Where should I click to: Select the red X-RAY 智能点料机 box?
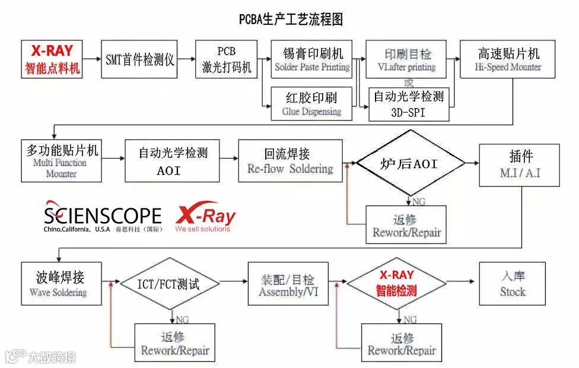click(52, 59)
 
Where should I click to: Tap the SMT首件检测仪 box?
click(140, 59)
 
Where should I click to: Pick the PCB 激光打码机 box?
click(226, 59)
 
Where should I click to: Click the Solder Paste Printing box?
click(313, 59)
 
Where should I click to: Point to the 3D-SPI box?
click(409, 104)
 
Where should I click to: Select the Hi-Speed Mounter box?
click(508, 59)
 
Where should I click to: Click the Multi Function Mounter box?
click(61, 161)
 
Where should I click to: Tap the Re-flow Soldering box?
click(290, 161)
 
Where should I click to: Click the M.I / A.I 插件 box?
click(520, 164)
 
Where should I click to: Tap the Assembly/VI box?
click(288, 284)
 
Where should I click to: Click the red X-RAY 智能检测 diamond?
click(396, 284)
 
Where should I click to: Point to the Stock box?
click(513, 284)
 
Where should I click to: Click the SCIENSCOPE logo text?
click(102, 215)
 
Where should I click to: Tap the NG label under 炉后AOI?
click(419, 201)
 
